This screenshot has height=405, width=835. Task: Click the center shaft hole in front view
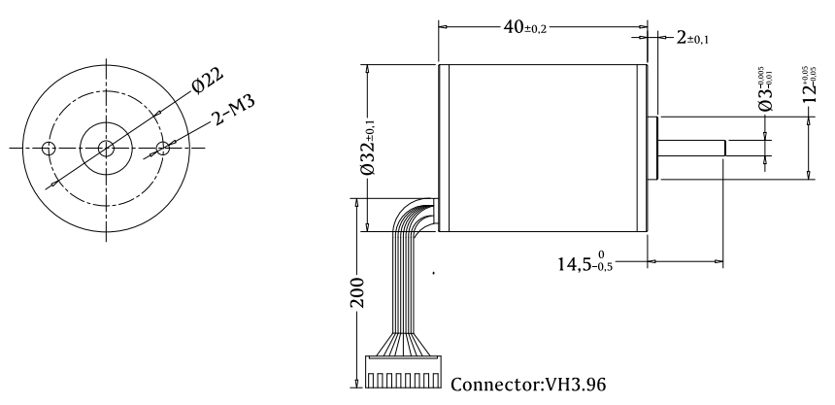(106, 149)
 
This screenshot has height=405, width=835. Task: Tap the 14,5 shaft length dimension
(584, 260)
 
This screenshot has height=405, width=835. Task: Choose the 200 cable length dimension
(358, 290)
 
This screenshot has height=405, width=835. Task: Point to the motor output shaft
(693, 148)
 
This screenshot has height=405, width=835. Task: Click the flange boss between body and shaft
(653, 148)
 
